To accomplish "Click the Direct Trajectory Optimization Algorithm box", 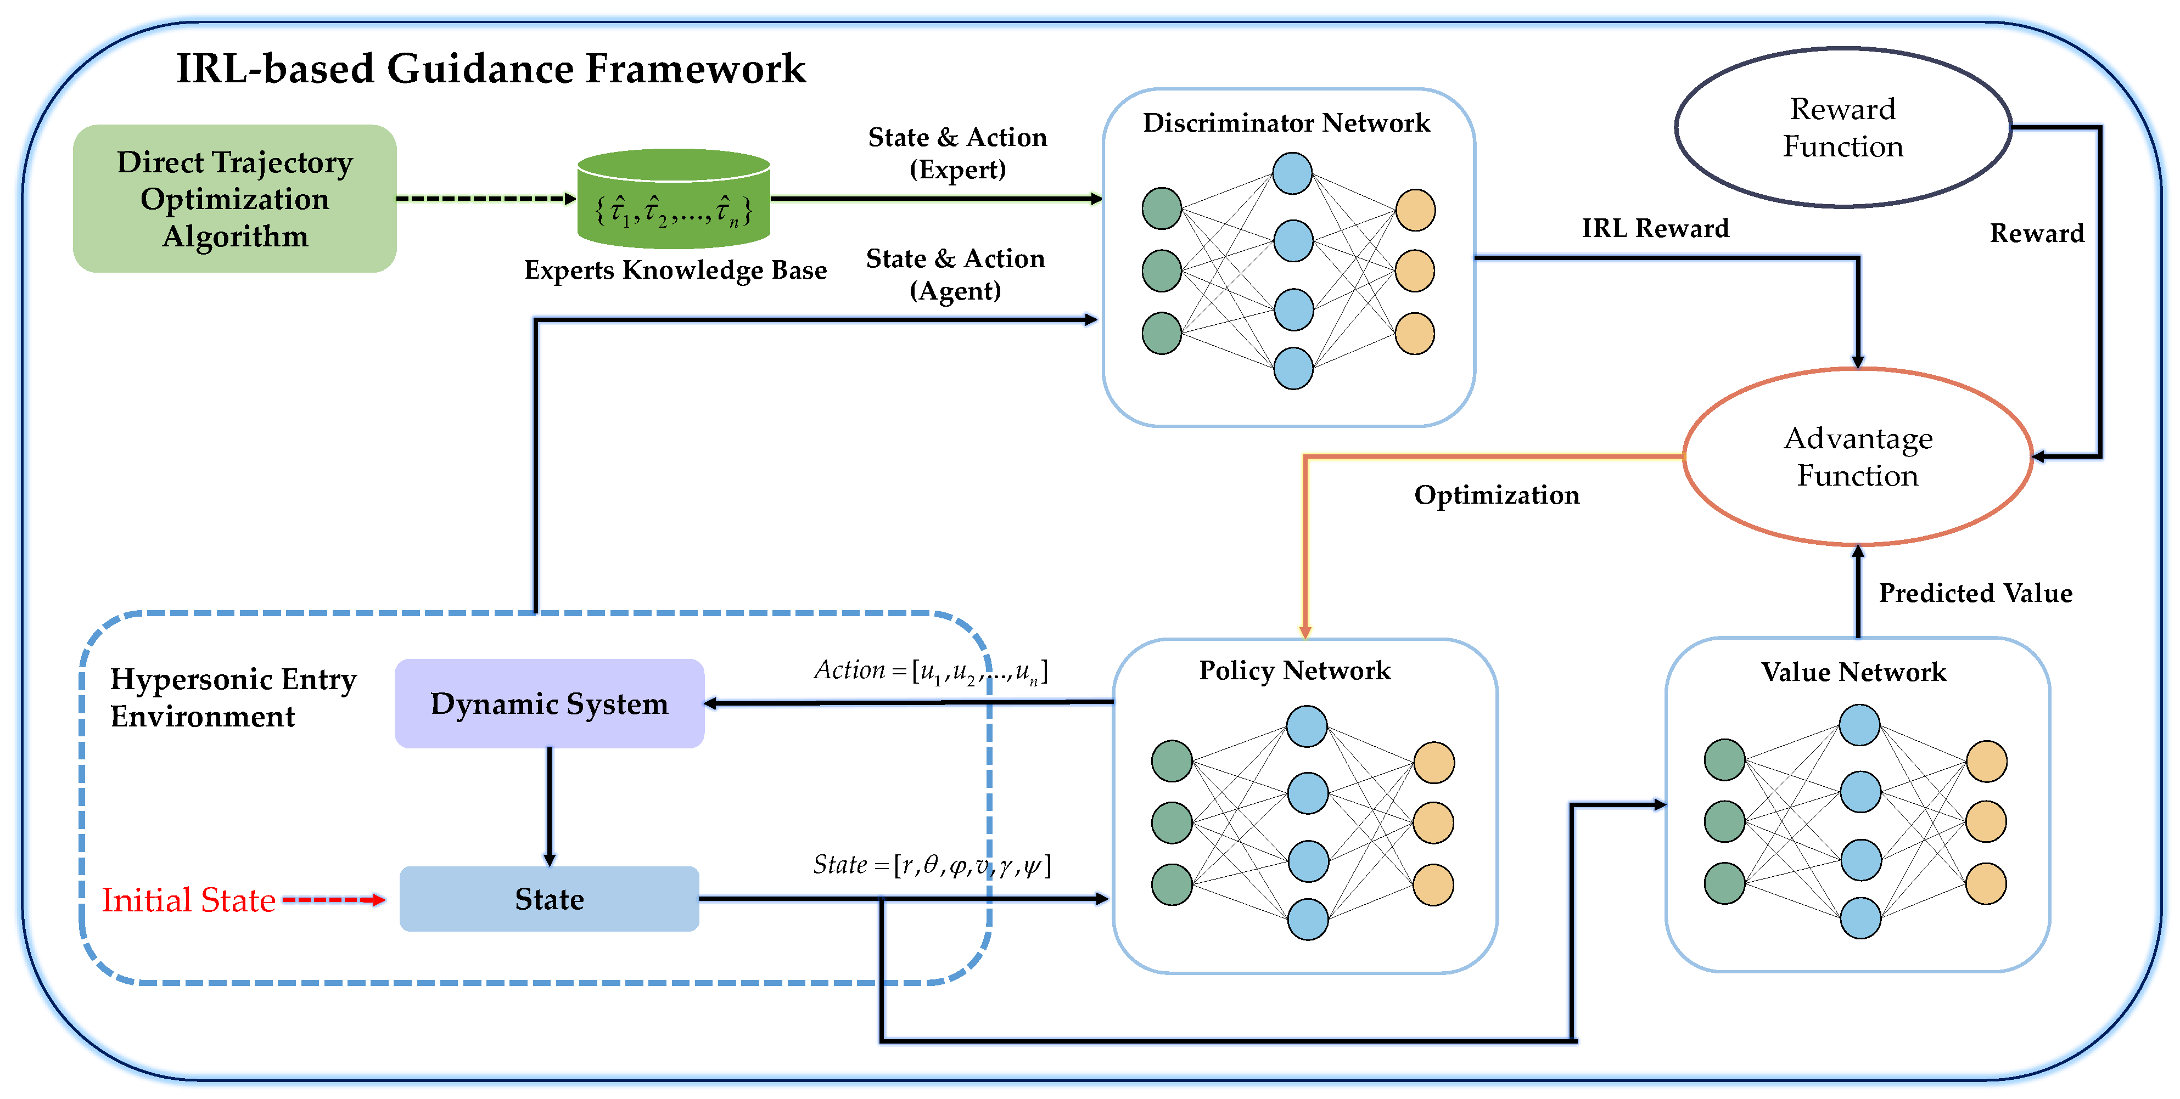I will point(234,199).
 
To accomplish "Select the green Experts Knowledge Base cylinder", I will point(674,200).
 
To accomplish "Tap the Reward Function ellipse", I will point(1842,127).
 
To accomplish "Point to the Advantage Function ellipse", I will point(1858,457).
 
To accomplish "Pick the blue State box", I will point(549,899).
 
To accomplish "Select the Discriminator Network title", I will point(1286,123).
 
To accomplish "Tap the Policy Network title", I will point(1295,670).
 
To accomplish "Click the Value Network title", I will point(1853,672).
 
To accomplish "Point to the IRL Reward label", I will point(1655,228).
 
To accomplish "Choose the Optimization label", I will point(1496,495).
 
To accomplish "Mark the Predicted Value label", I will point(1975,593).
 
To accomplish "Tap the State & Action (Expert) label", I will point(957,153).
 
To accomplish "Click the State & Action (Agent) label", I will point(955,274).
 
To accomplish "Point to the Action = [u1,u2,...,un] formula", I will point(931,671).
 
